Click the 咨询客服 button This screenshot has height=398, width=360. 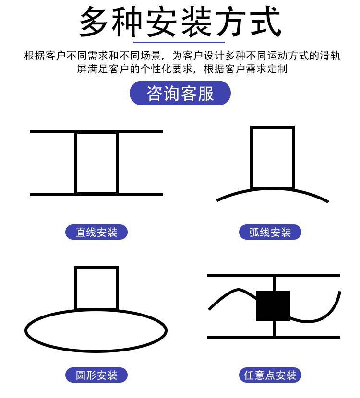click(x=180, y=93)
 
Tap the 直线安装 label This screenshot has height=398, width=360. click(x=96, y=232)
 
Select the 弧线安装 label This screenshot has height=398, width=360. click(x=270, y=232)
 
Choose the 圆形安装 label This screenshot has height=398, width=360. click(x=96, y=375)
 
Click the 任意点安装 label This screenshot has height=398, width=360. click(x=270, y=375)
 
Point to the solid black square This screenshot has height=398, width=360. click(x=273, y=306)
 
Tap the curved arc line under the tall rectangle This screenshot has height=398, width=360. click(x=272, y=189)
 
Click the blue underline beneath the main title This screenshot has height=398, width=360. click(x=179, y=42)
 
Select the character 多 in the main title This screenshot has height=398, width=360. click(x=93, y=22)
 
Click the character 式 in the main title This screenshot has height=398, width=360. click(x=266, y=22)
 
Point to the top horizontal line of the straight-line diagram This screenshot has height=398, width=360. click(x=96, y=132)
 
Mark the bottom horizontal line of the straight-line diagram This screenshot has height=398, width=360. click(x=96, y=195)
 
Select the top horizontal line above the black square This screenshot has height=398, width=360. click(x=274, y=275)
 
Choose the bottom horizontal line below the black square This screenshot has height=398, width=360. click(x=274, y=337)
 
